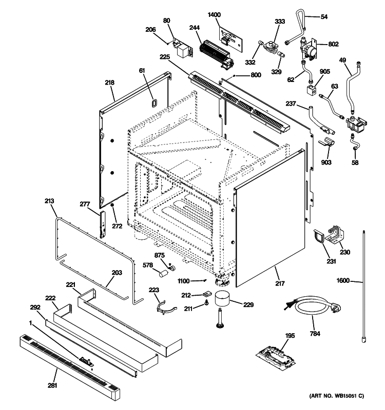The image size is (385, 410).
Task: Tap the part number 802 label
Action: click(x=333, y=44)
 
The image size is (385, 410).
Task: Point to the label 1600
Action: click(x=343, y=280)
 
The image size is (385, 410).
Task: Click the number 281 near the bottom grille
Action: click(x=52, y=385)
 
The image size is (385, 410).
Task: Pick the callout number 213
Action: click(x=49, y=201)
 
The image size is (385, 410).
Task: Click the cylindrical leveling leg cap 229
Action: click(x=223, y=300)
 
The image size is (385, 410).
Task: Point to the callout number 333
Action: click(x=280, y=22)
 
